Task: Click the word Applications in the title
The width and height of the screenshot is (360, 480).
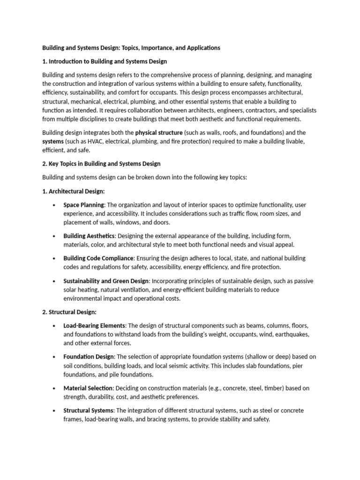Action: coord(200,48)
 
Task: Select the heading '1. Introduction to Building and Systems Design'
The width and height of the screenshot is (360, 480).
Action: coord(105,61)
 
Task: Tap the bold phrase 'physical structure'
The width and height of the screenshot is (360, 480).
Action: coord(158,133)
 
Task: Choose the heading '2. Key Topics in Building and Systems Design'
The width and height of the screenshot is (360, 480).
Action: coord(101,164)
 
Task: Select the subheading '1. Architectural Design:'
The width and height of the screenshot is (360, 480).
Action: coord(74,191)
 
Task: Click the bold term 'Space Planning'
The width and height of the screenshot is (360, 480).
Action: coord(83,205)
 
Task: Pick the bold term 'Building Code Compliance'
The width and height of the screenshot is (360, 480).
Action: coord(98,258)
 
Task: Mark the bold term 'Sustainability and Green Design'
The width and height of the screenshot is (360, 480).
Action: coord(106,281)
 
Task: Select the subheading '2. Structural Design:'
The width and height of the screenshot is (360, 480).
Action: coord(69,312)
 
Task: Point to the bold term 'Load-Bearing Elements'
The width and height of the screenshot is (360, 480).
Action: coord(94,325)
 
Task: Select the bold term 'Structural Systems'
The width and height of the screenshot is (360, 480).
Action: coord(89,411)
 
